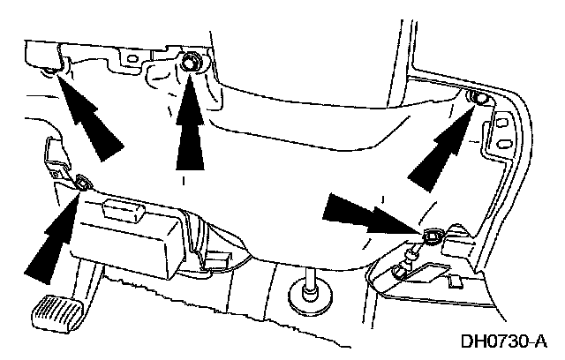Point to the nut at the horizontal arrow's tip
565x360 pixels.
(x=432, y=236)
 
